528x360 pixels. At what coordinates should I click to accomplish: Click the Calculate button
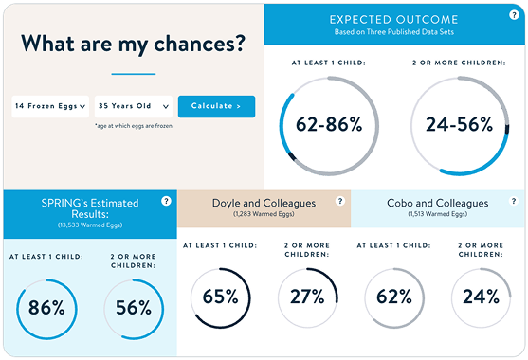tap(216, 106)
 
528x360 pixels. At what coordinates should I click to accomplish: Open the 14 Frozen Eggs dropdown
tap(50, 106)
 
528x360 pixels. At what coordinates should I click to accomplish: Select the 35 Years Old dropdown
tap(134, 106)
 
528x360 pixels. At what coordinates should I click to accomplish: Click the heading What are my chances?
tap(134, 44)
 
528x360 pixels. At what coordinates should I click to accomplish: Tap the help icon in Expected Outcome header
tap(514, 15)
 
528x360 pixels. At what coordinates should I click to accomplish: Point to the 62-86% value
tap(329, 124)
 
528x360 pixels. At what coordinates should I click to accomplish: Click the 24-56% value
tap(460, 124)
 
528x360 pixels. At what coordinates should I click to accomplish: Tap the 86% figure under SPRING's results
tap(46, 308)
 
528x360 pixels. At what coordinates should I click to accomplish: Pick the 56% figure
tap(134, 308)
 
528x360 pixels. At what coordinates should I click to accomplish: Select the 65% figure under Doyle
tap(220, 297)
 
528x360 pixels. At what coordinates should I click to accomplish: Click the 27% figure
tap(307, 297)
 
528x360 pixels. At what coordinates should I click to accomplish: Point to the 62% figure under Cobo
tap(394, 297)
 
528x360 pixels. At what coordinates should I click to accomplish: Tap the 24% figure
tap(481, 297)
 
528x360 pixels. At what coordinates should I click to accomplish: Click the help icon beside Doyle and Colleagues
tap(340, 201)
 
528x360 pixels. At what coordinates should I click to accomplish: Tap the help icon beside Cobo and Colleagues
tap(514, 201)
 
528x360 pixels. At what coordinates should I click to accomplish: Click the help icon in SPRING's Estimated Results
tap(166, 201)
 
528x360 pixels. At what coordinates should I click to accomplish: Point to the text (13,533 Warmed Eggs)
tap(90, 225)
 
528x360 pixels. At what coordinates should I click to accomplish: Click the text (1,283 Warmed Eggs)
tap(264, 214)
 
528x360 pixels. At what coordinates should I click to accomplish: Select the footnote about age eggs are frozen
tap(134, 126)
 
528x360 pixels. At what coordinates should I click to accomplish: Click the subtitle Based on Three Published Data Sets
tap(394, 32)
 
